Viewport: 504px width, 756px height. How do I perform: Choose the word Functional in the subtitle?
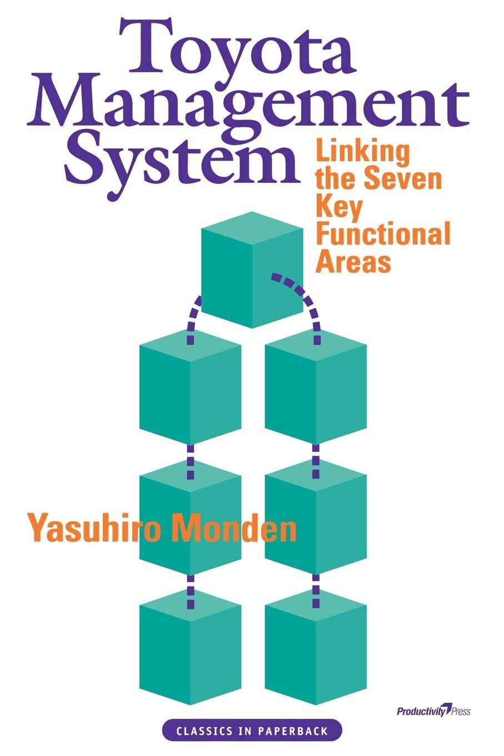pyautogui.click(x=382, y=235)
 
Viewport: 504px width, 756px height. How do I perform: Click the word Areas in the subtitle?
pyautogui.click(x=353, y=262)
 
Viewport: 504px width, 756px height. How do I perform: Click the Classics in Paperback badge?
pyautogui.click(x=252, y=731)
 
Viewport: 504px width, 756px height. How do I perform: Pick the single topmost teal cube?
pyautogui.click(x=252, y=270)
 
